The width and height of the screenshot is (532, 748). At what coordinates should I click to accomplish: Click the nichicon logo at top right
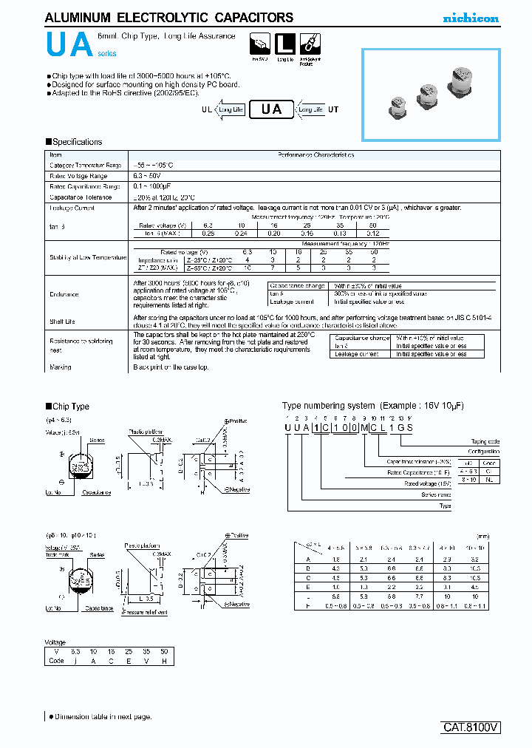click(471, 18)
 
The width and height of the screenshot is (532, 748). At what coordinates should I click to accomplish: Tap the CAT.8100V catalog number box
click(471, 727)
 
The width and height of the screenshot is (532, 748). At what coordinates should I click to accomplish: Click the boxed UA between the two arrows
click(271, 109)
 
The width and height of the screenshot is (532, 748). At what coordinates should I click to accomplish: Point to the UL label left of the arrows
click(206, 109)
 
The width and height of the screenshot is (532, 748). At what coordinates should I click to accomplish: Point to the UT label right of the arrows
click(333, 109)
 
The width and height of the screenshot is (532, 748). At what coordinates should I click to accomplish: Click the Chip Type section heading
click(70, 407)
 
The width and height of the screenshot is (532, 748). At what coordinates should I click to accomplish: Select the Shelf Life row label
click(62, 322)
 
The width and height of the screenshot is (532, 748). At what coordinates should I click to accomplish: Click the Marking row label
click(61, 367)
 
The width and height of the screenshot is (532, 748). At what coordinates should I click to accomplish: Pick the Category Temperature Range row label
click(85, 166)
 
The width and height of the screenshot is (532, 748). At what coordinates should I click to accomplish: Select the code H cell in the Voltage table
click(163, 661)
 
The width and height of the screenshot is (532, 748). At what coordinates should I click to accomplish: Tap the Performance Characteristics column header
click(316, 155)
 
